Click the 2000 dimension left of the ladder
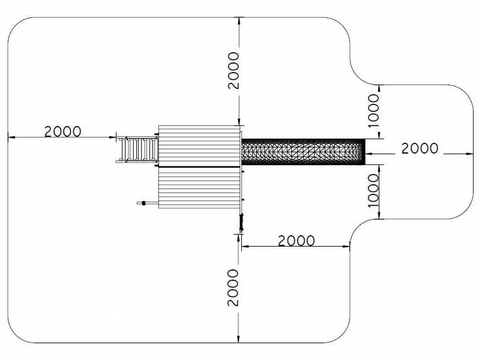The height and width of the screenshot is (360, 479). point(63,131)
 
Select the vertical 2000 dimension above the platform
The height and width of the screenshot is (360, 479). point(233,71)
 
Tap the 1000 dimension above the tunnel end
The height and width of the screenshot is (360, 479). point(373,110)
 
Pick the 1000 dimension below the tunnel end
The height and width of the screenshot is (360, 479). point(373,191)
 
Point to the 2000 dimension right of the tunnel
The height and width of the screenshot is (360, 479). point(420,148)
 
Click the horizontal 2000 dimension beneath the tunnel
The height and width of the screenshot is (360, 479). point(297,241)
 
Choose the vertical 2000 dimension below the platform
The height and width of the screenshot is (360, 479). point(233,287)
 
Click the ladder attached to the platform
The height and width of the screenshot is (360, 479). point(137,149)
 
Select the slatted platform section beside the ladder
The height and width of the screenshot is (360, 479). point(199,146)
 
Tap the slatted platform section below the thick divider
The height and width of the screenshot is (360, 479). point(199,188)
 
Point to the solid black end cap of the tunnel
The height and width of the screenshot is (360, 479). point(364,152)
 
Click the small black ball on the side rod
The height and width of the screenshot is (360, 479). point(144,203)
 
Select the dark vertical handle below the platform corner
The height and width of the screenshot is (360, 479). point(241,222)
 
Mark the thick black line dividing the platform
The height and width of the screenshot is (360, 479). point(199,167)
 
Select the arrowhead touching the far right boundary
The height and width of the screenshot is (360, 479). point(469,154)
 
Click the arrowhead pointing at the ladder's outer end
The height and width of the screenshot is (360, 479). point(112,137)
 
